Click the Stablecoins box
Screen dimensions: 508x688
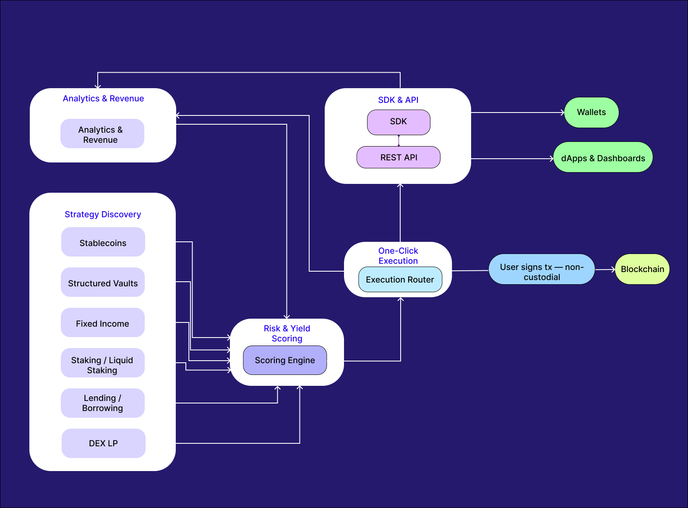click(x=103, y=242)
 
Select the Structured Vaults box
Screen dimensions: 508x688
click(x=103, y=283)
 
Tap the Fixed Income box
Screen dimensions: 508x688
click(x=103, y=323)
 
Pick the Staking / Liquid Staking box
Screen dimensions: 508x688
click(x=103, y=363)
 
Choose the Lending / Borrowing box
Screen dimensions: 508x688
click(x=103, y=403)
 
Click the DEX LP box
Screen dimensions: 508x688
click(x=103, y=443)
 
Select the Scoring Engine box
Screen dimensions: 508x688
click(x=285, y=360)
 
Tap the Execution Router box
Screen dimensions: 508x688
click(x=400, y=280)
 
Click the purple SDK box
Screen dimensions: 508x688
click(x=399, y=122)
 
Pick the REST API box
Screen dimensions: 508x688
click(x=399, y=157)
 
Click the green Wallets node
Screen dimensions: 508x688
click(x=592, y=113)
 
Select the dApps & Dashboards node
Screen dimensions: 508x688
click(x=603, y=158)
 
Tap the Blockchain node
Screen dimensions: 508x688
click(x=642, y=269)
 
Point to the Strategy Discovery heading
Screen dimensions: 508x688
click(x=103, y=215)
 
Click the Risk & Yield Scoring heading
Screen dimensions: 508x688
click(x=287, y=333)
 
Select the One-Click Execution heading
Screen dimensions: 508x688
click(x=398, y=256)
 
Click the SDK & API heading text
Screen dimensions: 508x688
click(x=398, y=100)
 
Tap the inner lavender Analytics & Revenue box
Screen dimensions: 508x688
click(x=102, y=134)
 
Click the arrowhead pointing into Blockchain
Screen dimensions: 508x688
click(x=613, y=270)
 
